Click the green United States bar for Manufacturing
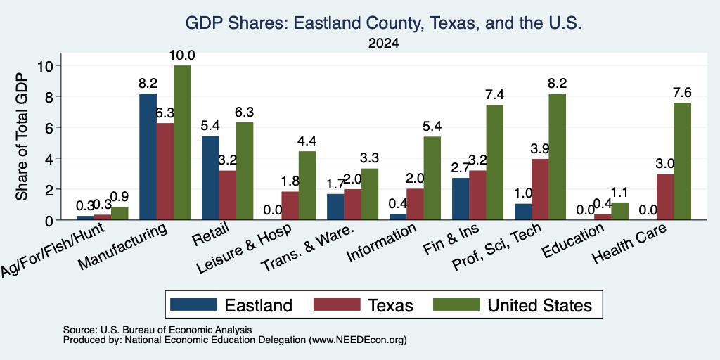coord(182,142)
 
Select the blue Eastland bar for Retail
coord(210,178)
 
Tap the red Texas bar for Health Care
coord(665,197)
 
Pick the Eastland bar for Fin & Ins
coord(461,199)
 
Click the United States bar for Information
coord(432,178)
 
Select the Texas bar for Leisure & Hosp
coord(290,206)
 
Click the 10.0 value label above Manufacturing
coord(182,56)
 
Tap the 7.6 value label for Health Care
coord(682,93)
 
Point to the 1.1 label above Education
coord(619,193)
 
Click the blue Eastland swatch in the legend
coord(193,304)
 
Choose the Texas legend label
coord(390,305)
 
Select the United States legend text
coord(540,305)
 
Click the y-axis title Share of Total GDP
coord(22,136)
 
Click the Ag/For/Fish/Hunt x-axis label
coord(52,250)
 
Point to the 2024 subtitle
coord(383,44)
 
